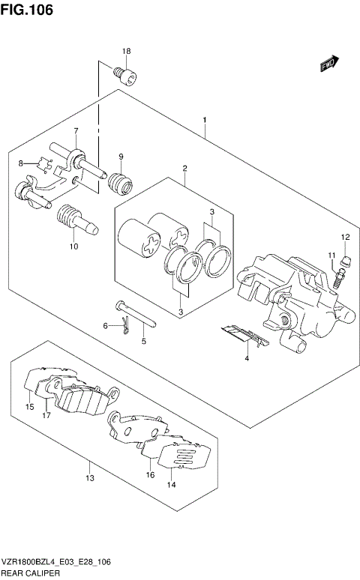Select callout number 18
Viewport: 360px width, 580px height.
click(x=127, y=51)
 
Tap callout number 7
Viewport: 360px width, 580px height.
click(x=76, y=132)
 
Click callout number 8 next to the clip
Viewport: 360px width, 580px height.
click(x=22, y=163)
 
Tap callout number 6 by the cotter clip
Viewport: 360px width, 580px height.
click(x=106, y=324)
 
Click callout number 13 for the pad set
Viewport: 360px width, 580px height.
click(x=88, y=478)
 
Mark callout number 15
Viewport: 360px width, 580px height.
click(x=29, y=407)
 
